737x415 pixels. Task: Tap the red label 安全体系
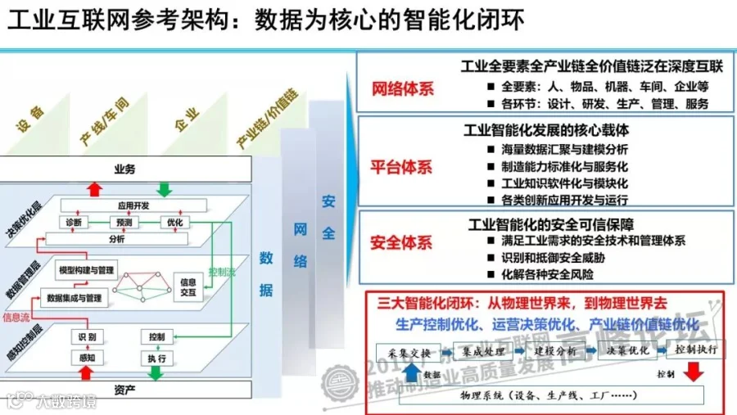coord(402,242)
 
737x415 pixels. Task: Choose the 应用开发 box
coord(133,205)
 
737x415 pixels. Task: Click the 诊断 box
coord(74,222)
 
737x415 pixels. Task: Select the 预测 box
coord(124,222)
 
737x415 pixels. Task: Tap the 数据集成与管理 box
coord(75,297)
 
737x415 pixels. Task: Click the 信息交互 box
coord(188,288)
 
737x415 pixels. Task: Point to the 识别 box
coord(87,337)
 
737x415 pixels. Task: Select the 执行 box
coord(157,359)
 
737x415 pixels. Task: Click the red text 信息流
coord(16,316)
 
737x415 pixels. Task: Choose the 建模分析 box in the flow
coord(549,352)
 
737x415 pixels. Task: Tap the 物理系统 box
coord(542,395)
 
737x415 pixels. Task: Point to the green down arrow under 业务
coord(164,189)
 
